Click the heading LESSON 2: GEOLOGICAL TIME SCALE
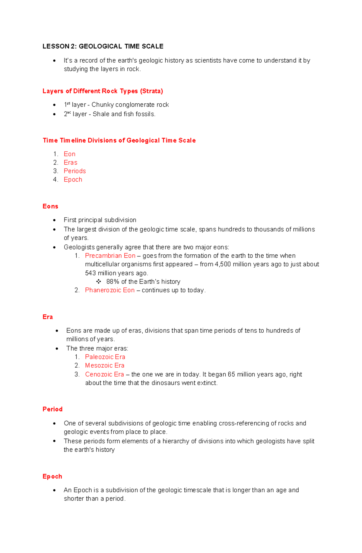click(x=103, y=46)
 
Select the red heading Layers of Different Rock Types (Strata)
click(x=103, y=91)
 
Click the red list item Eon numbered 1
click(x=69, y=154)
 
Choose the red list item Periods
click(x=75, y=171)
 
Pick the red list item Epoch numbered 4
click(x=73, y=180)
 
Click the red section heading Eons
click(x=50, y=206)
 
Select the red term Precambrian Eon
click(x=110, y=256)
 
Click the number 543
click(x=90, y=273)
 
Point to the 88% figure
click(x=113, y=282)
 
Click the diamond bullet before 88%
click(x=99, y=282)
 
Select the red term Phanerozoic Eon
click(x=110, y=290)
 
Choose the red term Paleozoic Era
click(x=105, y=357)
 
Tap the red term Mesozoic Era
click(x=105, y=366)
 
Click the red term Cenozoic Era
click(x=104, y=374)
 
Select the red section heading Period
click(x=52, y=409)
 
